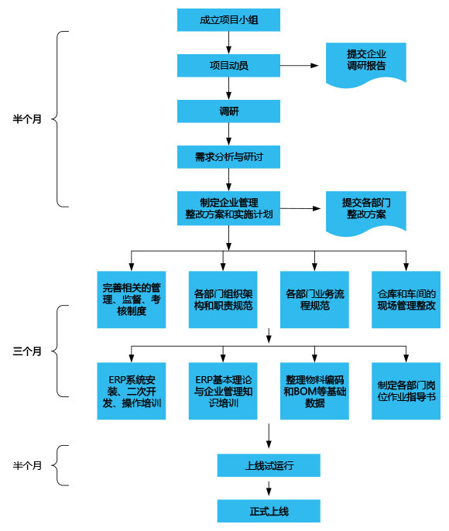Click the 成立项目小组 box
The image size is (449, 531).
(228, 20)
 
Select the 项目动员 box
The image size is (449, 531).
(228, 66)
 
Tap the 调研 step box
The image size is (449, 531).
(228, 111)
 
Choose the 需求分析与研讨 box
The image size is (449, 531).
(228, 157)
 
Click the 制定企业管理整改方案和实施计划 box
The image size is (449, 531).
(228, 208)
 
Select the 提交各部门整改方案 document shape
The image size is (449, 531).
(366, 208)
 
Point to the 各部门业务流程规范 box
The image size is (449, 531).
(314, 300)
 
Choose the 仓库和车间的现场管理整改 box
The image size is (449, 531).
(406, 300)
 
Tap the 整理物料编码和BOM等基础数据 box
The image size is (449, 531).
(314, 391)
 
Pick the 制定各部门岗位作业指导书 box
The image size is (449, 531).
(406, 391)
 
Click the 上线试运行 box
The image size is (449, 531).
(268, 466)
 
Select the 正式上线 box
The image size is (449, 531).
(268, 511)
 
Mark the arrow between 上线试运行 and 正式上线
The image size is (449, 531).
(268, 488)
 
